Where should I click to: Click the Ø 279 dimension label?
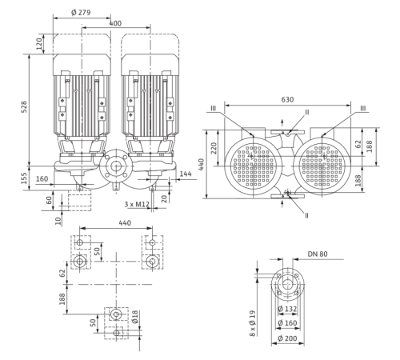81,13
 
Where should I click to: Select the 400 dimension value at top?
115,23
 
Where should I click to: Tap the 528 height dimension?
24,106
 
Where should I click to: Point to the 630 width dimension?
287,100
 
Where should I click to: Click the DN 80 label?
318,254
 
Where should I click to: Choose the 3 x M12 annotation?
137,204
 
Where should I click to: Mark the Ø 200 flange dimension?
287,338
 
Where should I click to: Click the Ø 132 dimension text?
287,309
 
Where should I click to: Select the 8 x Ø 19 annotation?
253,323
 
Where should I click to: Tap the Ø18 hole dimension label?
135,317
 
